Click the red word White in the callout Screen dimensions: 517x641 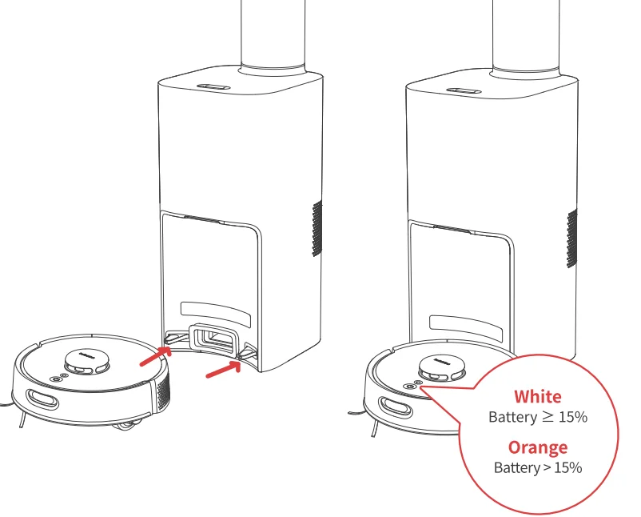[x=537, y=396]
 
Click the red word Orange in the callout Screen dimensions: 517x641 [x=537, y=447]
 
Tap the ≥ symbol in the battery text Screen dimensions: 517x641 [x=549, y=417]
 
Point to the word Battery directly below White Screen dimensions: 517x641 [x=513, y=417]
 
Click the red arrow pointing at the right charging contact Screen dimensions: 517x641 [x=224, y=369]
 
